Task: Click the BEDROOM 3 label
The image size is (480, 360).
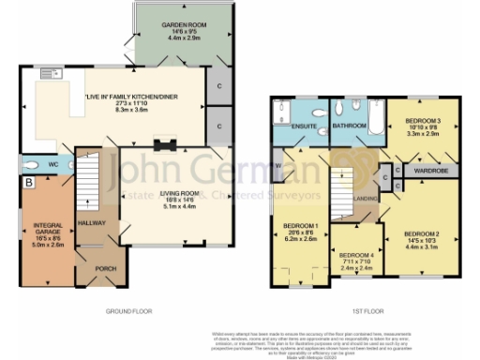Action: pyautogui.click(x=425, y=121)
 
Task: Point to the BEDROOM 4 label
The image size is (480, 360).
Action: pyautogui.click(x=356, y=254)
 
